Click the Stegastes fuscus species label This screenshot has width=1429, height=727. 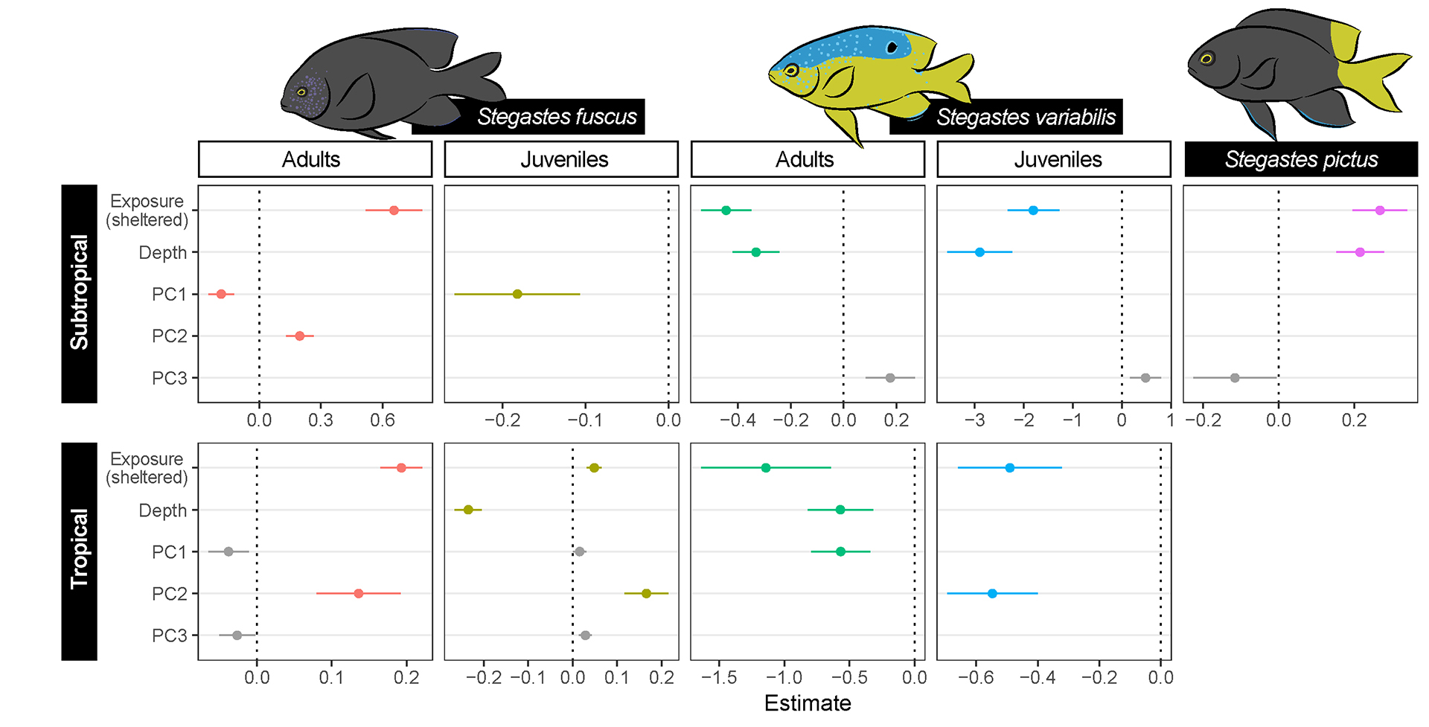tap(557, 117)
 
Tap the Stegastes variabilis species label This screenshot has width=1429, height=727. tap(1026, 117)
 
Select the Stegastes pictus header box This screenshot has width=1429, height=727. tap(1301, 159)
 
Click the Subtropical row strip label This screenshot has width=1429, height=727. tap(79, 293)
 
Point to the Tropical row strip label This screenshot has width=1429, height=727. tap(79, 551)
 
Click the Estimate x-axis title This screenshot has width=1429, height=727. tap(808, 703)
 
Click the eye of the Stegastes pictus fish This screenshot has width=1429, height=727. tap(1206, 59)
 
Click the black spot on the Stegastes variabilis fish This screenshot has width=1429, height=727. tap(892, 48)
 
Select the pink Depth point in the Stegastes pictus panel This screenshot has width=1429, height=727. tap(1360, 252)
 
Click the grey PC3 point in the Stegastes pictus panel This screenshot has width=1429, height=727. tap(1235, 378)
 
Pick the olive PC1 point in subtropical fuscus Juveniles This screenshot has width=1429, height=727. tap(517, 294)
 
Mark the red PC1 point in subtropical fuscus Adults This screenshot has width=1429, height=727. tap(221, 294)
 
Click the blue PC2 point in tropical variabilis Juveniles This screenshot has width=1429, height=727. tap(992, 594)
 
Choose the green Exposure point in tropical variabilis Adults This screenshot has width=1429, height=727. tap(766, 468)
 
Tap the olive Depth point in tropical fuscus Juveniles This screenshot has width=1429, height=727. tap(468, 510)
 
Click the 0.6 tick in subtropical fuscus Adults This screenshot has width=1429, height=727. tap(383, 420)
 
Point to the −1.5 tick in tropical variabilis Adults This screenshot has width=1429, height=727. tap(719, 678)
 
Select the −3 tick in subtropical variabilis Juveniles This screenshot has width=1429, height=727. tap(974, 420)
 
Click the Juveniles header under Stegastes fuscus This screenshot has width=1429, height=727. tap(564, 159)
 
